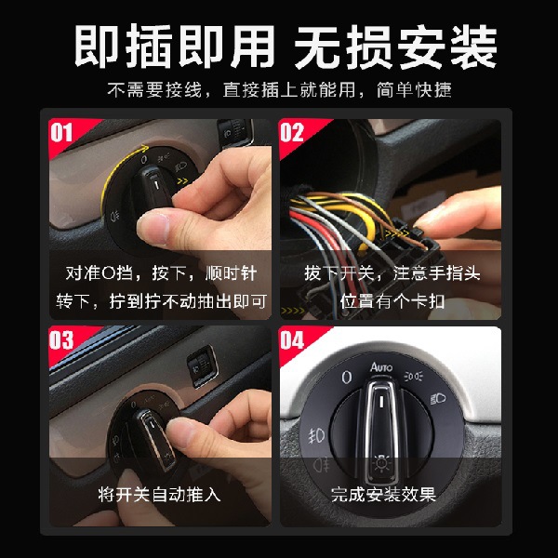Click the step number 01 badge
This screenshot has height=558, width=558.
[x=61, y=132]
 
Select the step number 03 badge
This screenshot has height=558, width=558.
[x=61, y=340]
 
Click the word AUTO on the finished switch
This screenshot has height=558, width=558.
[x=382, y=367]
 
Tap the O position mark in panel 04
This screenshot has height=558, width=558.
[x=345, y=378]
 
